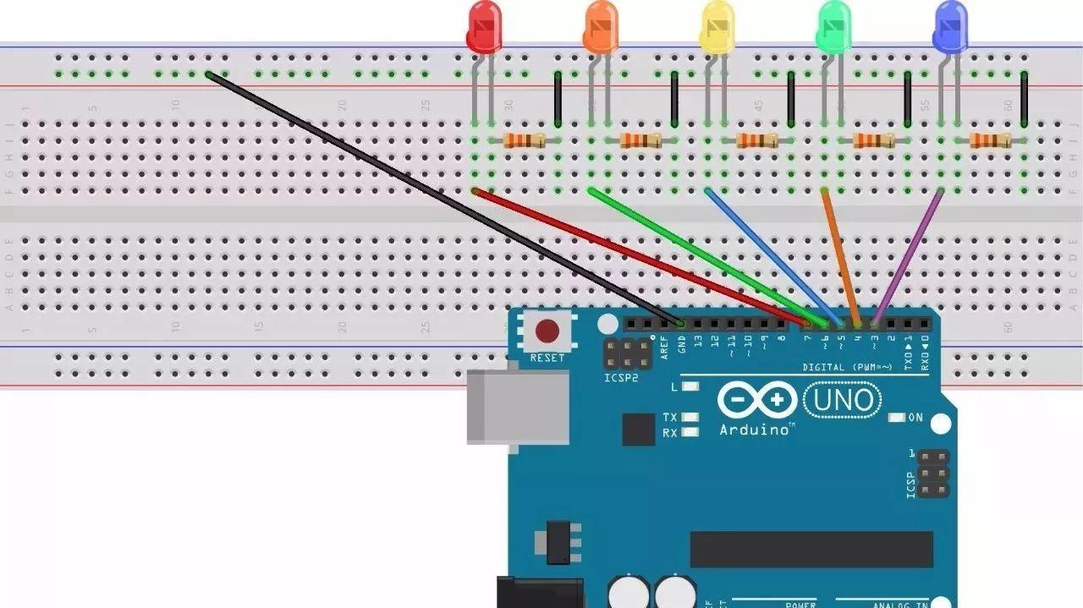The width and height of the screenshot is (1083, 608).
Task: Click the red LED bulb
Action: [484, 28]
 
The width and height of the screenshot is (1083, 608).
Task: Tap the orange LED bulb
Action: [601, 28]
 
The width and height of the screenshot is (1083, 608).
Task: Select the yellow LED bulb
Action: [717, 28]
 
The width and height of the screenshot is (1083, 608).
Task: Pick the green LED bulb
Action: [833, 28]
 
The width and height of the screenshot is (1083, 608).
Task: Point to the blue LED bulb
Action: [950, 28]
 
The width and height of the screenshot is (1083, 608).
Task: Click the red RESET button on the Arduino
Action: [547, 331]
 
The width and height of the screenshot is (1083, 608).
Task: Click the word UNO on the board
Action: [843, 399]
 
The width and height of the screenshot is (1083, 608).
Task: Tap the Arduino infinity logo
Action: [756, 400]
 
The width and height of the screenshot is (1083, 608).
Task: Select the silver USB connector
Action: [518, 407]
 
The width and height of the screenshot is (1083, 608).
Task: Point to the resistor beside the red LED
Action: [524, 140]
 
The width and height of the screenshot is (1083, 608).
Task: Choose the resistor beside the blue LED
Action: [990, 140]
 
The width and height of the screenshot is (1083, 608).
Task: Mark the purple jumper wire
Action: [909, 256]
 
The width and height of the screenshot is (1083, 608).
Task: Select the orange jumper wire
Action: [840, 256]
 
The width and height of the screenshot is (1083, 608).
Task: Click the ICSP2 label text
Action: [622, 378]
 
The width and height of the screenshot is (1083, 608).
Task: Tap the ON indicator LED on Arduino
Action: [897, 418]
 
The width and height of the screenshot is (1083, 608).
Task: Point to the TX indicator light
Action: [690, 417]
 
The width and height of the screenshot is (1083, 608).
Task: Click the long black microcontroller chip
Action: [811, 550]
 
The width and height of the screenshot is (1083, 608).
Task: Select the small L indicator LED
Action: [690, 386]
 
